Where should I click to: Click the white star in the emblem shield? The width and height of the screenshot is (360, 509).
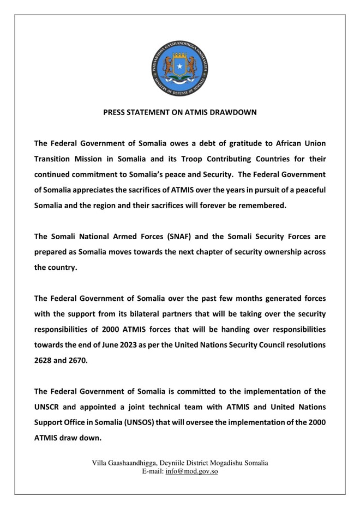click(179, 65)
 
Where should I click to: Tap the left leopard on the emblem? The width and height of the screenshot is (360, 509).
click(167, 66)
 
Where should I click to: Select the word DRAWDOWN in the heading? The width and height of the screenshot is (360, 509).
click(236, 113)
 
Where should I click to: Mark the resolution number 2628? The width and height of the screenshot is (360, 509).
click(45, 361)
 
